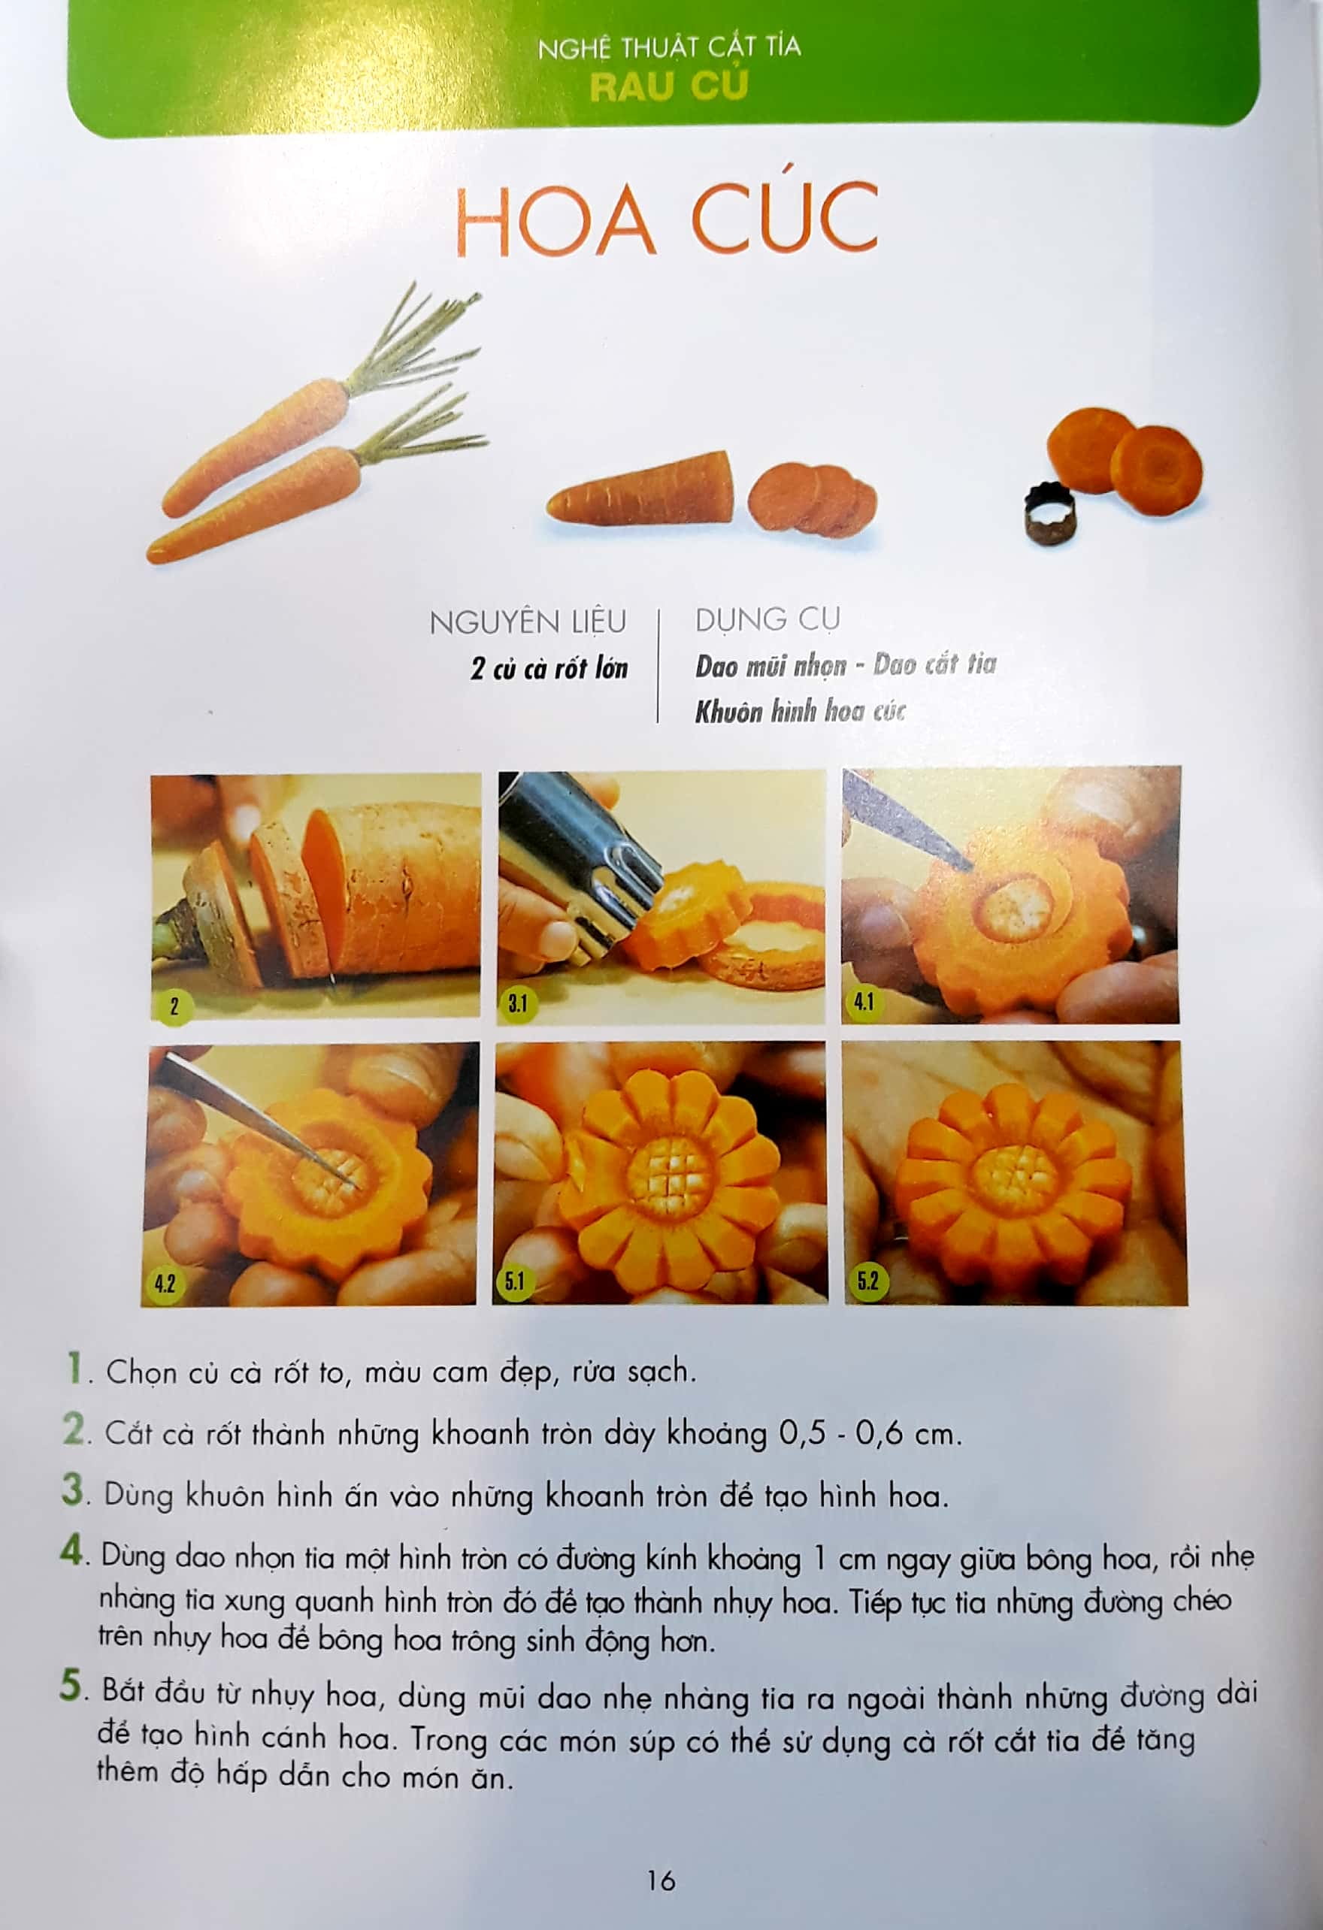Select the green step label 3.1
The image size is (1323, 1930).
click(x=517, y=1004)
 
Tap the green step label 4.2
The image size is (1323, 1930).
click(x=165, y=1284)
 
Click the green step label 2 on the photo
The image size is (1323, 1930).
click(x=174, y=1007)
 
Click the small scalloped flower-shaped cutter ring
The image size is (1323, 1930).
click(x=1048, y=515)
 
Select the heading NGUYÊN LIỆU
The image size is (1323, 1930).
click(x=528, y=622)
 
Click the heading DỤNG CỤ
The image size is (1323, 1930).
click(x=767, y=619)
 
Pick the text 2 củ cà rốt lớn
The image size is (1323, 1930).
click(x=549, y=670)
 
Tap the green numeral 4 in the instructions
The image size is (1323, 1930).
click(x=73, y=1551)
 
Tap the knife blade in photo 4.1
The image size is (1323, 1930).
click(x=905, y=823)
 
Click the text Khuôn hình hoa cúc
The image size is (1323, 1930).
click(x=799, y=712)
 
